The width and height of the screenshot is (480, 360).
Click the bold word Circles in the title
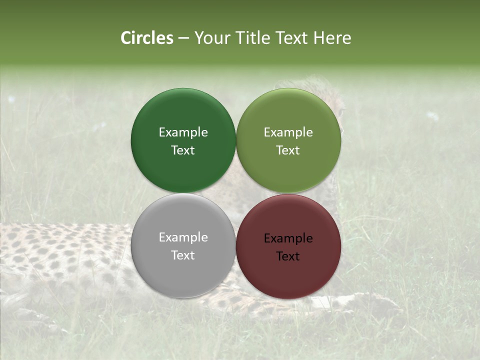146,38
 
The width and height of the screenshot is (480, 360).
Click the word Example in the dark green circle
183,132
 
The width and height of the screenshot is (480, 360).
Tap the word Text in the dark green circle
183,150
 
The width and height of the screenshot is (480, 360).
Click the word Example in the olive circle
288,132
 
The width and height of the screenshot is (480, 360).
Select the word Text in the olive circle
288,150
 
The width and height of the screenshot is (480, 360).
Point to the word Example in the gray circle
183,237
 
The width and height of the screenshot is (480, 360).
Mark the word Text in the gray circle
183,255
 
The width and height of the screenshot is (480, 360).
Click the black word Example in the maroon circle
288,238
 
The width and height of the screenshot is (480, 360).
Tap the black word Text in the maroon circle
288,256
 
